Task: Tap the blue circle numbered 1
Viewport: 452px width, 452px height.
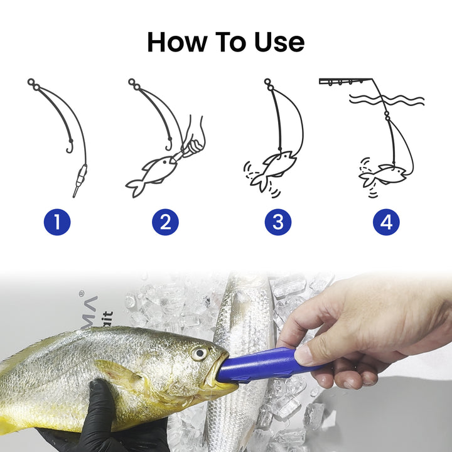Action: point(57,222)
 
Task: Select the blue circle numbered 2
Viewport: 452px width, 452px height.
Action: point(165,222)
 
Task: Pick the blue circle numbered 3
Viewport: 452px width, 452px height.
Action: point(277,222)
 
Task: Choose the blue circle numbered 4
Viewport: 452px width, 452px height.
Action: point(386,222)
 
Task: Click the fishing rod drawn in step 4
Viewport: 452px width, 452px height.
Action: point(345,82)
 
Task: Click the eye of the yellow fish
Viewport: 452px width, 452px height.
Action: point(200,353)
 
